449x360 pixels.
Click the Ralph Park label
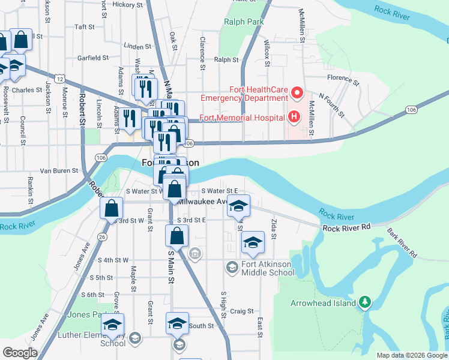(244, 22)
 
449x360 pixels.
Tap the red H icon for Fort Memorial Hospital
(294, 116)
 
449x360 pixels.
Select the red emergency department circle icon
(297, 94)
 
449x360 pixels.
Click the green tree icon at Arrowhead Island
(364, 303)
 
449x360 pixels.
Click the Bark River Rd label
(402, 242)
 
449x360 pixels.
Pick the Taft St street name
(85, 27)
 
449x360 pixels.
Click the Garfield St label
(92, 58)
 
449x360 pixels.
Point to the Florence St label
(343, 79)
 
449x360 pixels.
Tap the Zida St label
(273, 228)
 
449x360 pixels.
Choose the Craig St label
(242, 311)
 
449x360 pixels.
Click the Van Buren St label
(59, 171)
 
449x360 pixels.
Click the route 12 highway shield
(59, 79)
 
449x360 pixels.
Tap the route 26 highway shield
(102, 237)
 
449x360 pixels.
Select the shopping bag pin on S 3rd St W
(112, 209)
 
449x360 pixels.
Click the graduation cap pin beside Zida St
(253, 242)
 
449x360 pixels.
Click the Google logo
(19, 353)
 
